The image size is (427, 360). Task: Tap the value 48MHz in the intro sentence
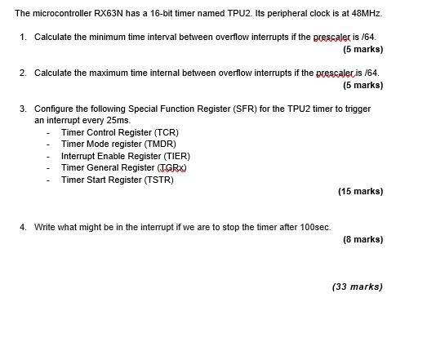coord(365,14)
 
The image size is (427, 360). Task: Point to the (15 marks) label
coord(360,192)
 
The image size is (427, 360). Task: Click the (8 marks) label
coord(363,239)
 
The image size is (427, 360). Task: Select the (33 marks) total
coord(358,287)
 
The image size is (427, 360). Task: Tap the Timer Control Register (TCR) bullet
coord(120,132)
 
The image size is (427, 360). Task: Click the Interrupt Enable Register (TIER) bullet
coord(126,156)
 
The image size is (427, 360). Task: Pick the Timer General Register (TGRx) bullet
coord(124,168)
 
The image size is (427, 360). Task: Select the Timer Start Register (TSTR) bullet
coord(118,180)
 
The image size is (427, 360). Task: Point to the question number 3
coord(23,109)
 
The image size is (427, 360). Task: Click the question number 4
coord(23,228)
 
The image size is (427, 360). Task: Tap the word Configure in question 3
coord(53,109)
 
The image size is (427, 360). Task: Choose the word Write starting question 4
coord(44,228)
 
